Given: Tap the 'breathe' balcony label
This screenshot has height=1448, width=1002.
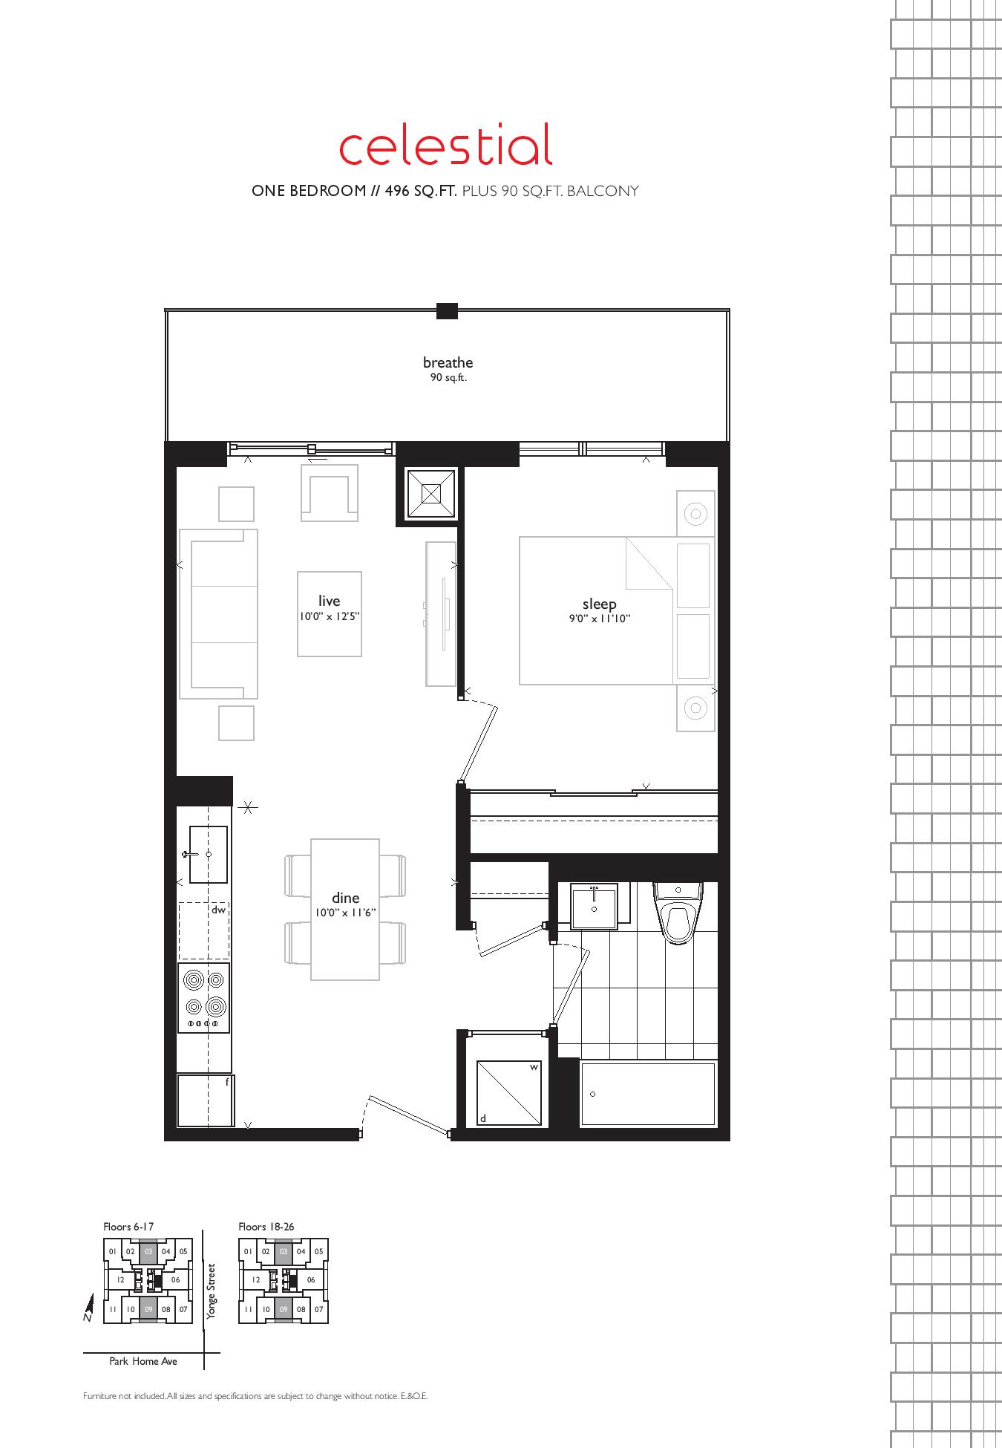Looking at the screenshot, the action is [x=448, y=362].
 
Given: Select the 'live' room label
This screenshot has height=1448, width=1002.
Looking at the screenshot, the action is [x=329, y=601].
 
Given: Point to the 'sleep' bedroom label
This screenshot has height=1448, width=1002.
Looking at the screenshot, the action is [x=599, y=604].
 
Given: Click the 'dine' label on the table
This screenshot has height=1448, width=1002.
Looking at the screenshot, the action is [x=345, y=899].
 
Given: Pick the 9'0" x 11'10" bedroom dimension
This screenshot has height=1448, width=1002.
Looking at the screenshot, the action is [x=599, y=619].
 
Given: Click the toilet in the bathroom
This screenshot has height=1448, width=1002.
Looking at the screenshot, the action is [x=677, y=913].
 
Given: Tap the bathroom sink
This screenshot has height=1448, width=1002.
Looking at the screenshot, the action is [x=594, y=907].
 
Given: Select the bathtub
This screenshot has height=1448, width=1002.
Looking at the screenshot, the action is [x=648, y=1094].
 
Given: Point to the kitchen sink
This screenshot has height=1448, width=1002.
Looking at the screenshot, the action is [x=207, y=854].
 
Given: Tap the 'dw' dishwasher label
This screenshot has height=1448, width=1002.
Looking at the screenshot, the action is [x=218, y=910].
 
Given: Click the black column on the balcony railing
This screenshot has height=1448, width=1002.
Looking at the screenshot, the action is [x=447, y=311].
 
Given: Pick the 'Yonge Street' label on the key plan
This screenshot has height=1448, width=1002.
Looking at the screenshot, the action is [x=212, y=1291].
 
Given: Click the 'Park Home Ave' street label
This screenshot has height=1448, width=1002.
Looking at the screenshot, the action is [x=143, y=1361].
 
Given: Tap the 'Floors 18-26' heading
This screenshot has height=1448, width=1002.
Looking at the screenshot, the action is [x=266, y=1226].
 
